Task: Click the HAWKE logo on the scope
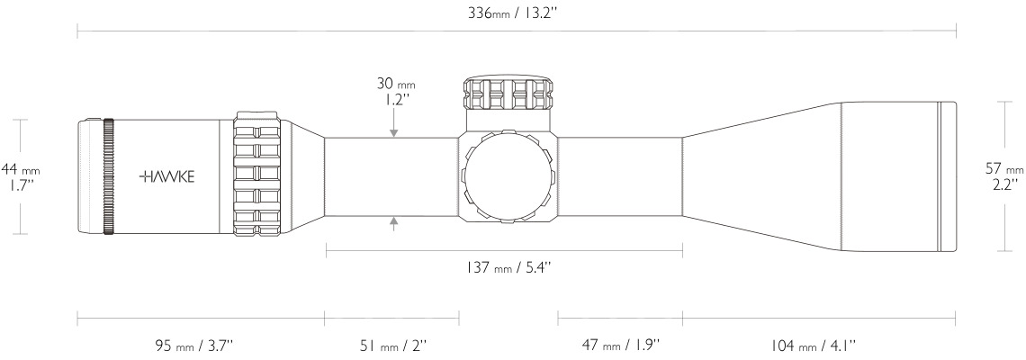(167, 176)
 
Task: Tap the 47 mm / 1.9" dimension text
(619, 344)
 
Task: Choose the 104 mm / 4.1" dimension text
(813, 344)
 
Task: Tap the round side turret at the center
(508, 176)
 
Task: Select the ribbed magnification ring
(259, 176)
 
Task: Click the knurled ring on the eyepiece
(109, 176)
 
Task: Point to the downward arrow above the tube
(393, 132)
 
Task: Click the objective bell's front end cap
(945, 176)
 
